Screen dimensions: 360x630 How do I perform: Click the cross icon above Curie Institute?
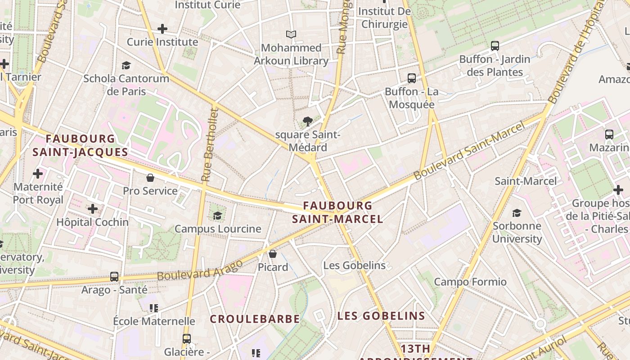[x=162, y=29]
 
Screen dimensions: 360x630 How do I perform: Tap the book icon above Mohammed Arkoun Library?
[x=291, y=34]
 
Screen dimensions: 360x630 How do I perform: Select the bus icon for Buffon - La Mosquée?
[x=411, y=78]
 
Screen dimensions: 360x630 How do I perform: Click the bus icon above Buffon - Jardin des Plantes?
[x=495, y=46]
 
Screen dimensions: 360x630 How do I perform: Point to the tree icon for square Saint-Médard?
[x=308, y=121]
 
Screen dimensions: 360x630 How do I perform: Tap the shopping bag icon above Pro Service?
[x=150, y=178]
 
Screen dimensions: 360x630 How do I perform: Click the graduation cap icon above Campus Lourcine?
[x=218, y=216]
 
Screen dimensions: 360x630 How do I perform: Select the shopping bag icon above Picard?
[x=273, y=254]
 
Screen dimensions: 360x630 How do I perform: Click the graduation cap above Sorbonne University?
[x=517, y=213]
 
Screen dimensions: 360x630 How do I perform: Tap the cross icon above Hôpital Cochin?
[x=93, y=209]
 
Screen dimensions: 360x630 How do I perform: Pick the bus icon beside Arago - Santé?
[x=114, y=276]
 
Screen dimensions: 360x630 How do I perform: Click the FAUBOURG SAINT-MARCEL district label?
[x=337, y=212]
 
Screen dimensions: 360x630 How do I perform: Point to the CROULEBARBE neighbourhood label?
[x=255, y=319]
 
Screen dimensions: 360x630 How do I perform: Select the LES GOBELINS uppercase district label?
[x=381, y=315]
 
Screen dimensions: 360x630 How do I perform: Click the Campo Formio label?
[x=470, y=282]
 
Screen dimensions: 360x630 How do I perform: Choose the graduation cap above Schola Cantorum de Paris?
[x=126, y=66]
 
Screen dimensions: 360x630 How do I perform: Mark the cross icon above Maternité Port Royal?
[x=38, y=173]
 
